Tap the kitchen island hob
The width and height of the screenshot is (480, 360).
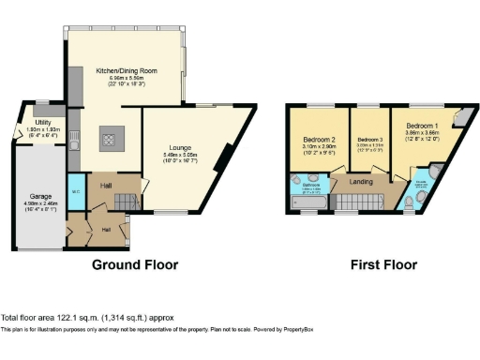click(108, 141)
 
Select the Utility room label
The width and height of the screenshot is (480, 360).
click(43, 123)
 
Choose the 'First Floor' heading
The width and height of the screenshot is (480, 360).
click(383, 265)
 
